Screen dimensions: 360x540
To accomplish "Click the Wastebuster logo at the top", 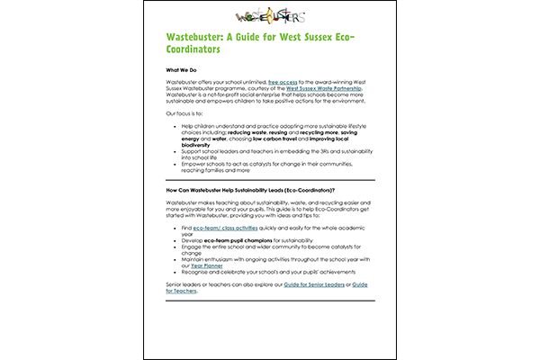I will [269, 14].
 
